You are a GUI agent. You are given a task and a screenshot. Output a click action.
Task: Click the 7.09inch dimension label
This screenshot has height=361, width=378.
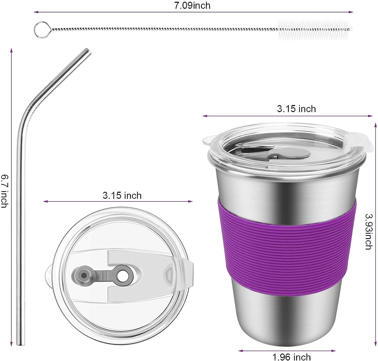[x=192, y=6]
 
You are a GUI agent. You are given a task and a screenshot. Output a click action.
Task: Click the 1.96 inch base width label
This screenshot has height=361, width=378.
[x=292, y=357]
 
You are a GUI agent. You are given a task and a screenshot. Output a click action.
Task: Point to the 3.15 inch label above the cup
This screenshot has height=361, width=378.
[x=296, y=109]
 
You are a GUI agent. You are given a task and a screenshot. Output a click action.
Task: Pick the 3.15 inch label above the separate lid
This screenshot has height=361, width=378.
[x=122, y=196]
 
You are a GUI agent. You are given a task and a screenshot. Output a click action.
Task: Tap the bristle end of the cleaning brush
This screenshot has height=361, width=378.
[x=315, y=30]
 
